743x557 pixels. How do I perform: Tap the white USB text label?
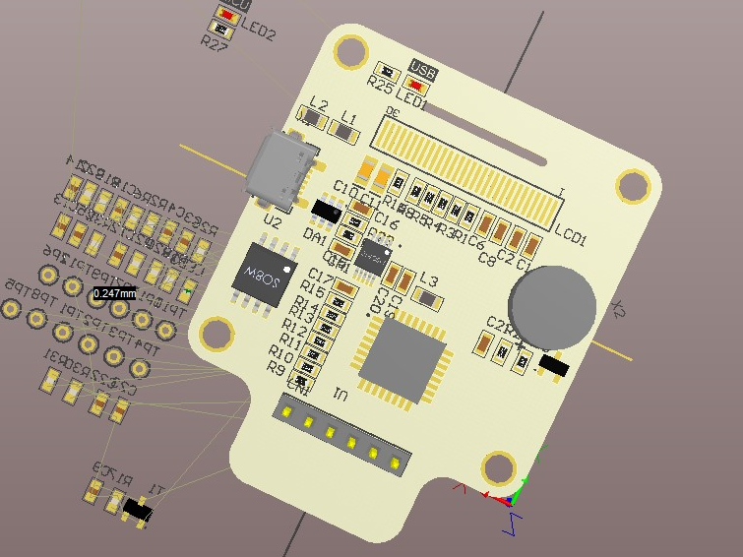tap(423, 70)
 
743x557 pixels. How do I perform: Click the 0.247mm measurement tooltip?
tap(115, 293)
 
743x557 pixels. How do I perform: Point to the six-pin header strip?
tap(341, 434)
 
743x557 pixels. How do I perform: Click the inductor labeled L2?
tap(314, 119)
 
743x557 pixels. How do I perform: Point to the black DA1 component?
tap(326, 210)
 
